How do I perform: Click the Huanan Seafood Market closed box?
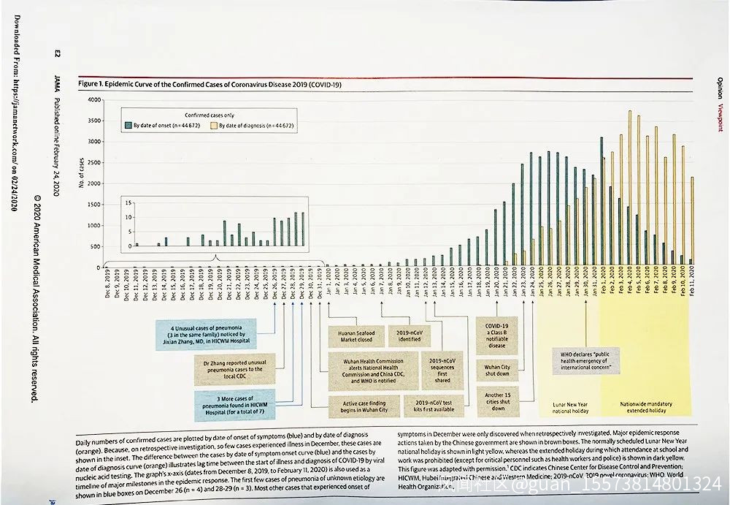tap(353, 335)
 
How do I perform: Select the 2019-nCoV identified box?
tap(409, 335)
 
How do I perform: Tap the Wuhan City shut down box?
tap(497, 370)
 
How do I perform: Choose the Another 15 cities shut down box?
tap(497, 400)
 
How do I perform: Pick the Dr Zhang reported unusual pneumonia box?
tap(234, 370)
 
